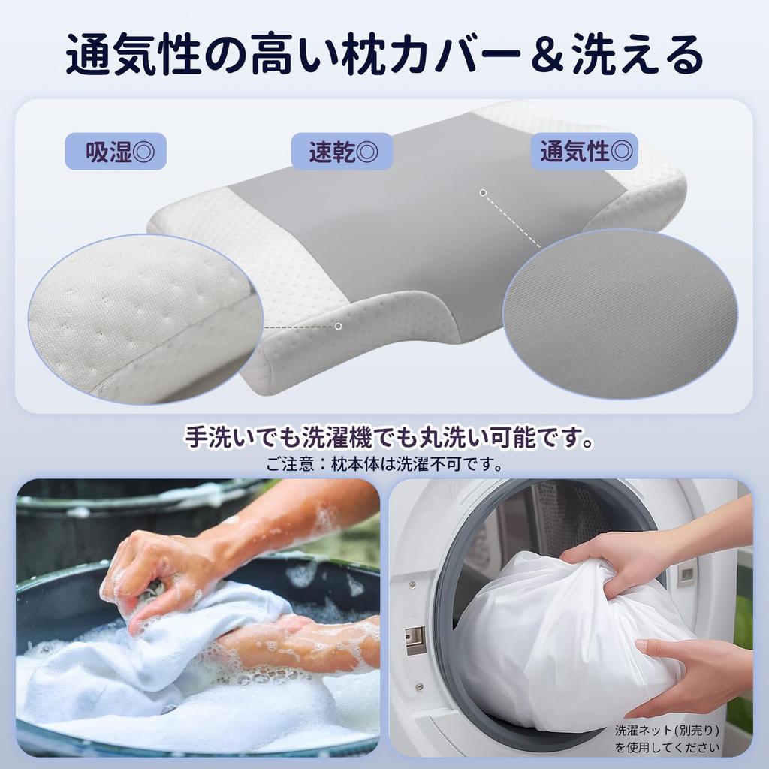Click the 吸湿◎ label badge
(115, 151)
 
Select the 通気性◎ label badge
(584, 151)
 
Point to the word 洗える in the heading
(637, 55)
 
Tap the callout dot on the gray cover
(483, 193)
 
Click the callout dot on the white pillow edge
(339, 326)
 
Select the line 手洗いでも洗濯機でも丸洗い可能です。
(384, 438)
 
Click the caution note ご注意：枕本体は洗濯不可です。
(384, 464)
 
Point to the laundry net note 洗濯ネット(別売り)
(667, 729)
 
